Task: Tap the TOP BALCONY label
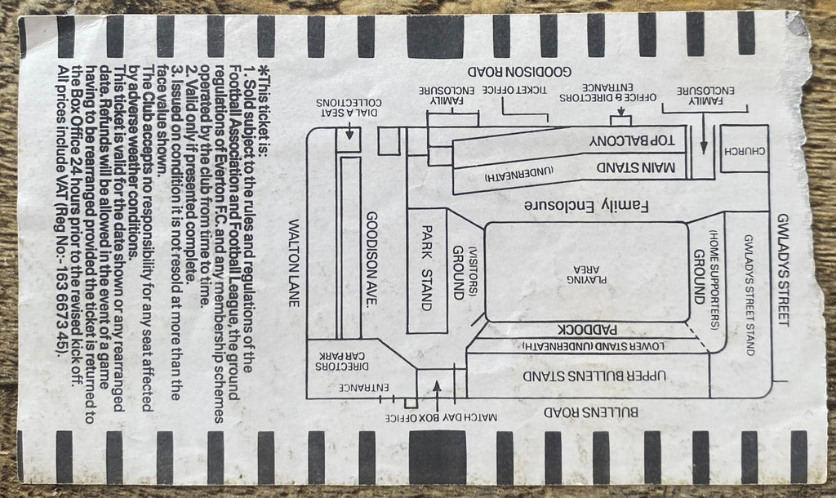tap(633, 140)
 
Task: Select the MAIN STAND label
tap(635, 167)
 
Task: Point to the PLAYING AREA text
tap(586, 274)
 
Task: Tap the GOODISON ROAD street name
tap(519, 71)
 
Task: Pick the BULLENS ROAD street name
tap(591, 412)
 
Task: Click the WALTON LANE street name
tap(294, 263)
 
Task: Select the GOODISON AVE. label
tap(372, 259)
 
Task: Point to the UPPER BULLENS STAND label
tap(594, 376)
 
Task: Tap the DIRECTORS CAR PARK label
tap(341, 361)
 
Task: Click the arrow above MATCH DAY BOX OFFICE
tap(438, 394)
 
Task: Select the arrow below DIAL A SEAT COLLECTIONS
tap(349, 131)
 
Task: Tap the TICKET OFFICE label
tap(515, 90)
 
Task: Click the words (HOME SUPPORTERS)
tap(714, 280)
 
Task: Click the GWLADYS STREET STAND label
tap(749, 295)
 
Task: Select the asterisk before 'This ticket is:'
tap(262, 70)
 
